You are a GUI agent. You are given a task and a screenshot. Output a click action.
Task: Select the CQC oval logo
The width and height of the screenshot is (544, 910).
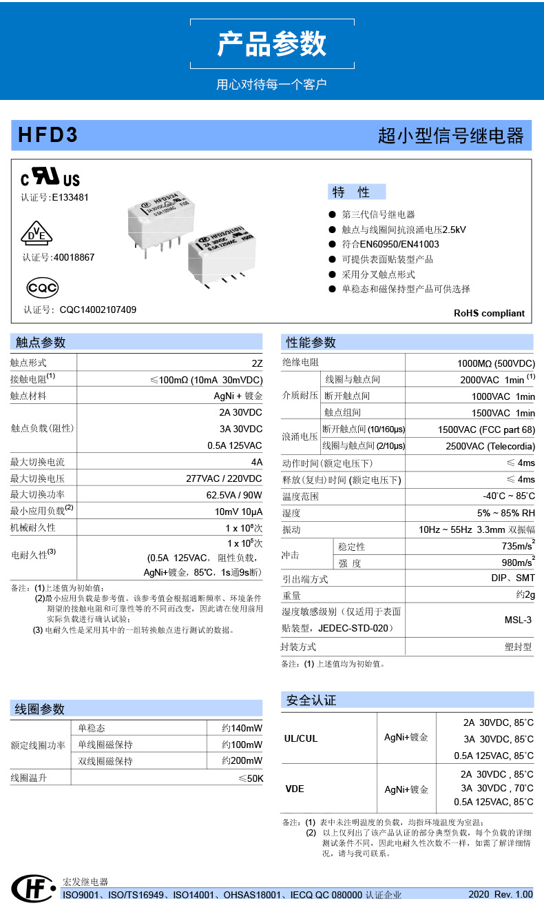(x=42, y=287)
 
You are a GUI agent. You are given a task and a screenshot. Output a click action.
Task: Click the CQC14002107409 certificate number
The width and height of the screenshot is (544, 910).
(x=98, y=310)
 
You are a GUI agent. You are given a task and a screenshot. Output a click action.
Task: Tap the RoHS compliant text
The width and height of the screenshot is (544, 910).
(x=489, y=313)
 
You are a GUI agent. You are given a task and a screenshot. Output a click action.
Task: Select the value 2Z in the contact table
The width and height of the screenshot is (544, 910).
(x=257, y=363)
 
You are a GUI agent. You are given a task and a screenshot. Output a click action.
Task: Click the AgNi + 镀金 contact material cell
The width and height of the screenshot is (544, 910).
(x=238, y=396)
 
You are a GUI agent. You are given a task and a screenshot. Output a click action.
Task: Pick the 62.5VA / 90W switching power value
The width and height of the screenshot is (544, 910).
(x=234, y=495)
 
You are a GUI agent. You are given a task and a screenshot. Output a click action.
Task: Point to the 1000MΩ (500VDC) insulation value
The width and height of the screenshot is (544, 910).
(x=496, y=363)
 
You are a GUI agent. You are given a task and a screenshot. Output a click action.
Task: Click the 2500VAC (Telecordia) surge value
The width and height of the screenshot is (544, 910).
(x=490, y=446)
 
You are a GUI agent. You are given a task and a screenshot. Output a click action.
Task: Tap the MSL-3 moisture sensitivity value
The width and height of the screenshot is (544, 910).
(x=518, y=620)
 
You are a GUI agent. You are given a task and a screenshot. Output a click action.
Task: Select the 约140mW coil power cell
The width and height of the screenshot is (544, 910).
(x=242, y=728)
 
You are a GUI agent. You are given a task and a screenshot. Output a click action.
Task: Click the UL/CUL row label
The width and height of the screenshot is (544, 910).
(x=301, y=738)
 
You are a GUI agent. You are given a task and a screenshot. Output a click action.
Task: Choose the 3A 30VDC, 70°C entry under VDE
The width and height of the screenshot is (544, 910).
(x=496, y=788)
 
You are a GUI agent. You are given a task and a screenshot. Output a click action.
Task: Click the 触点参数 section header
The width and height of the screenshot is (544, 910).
(x=41, y=343)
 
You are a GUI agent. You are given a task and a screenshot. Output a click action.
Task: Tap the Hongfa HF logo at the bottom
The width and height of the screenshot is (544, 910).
(x=32, y=889)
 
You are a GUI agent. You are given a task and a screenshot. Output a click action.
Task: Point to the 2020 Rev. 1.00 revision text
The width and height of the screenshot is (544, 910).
(x=500, y=894)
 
